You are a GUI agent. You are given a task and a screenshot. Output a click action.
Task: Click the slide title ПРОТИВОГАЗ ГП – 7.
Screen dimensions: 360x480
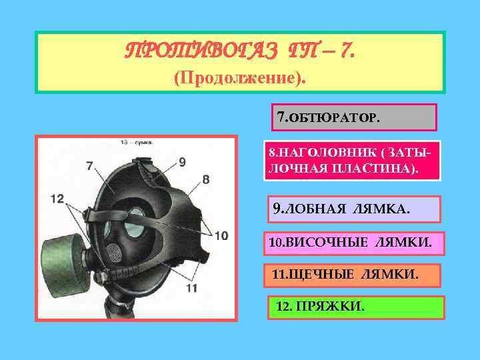(239, 50)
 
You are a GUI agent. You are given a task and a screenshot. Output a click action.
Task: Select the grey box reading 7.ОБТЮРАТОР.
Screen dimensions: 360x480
(353, 117)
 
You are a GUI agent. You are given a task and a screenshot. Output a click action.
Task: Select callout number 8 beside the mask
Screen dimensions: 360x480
(205, 179)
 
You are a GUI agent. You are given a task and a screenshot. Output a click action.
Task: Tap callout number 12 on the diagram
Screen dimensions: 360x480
(57, 199)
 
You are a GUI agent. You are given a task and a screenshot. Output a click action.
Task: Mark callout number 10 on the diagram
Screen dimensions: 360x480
(221, 235)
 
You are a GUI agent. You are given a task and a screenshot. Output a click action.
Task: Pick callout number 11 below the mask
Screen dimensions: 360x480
(191, 287)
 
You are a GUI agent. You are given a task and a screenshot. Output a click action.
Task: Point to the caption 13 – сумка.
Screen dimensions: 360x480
(137, 143)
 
